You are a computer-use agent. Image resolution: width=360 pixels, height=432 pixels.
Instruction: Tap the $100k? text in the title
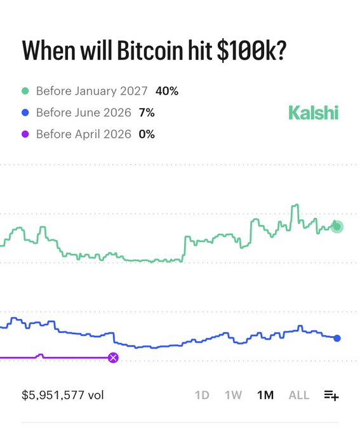[x=250, y=51]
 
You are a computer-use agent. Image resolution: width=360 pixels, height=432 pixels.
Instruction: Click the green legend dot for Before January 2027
[x=26, y=91]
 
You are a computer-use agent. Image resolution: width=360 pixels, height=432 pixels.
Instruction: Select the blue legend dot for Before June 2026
[x=26, y=113]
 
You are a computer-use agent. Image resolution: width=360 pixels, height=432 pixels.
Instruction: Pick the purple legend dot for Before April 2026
[x=26, y=135]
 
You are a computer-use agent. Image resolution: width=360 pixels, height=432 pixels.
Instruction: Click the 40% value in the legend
[x=167, y=91]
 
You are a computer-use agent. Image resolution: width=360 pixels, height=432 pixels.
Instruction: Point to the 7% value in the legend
[x=146, y=113]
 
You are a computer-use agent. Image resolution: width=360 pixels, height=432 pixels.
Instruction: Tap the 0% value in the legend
[x=147, y=135]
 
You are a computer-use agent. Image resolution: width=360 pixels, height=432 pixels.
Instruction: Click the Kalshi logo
[x=313, y=113]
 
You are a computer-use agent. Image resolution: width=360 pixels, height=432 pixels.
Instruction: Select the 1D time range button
[x=202, y=395]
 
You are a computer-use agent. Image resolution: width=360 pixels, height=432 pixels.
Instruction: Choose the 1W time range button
[x=233, y=395]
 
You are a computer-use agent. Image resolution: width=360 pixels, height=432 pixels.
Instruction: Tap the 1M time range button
[x=265, y=395]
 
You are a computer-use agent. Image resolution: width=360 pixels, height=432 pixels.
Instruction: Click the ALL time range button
[x=299, y=395]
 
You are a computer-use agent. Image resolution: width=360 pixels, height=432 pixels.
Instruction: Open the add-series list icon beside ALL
[x=331, y=395]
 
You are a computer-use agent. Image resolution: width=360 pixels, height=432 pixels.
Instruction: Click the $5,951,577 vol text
[x=63, y=395]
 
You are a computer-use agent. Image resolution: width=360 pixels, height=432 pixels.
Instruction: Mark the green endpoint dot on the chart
[x=337, y=226]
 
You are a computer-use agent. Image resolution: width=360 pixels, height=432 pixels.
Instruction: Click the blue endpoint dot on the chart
[x=337, y=338]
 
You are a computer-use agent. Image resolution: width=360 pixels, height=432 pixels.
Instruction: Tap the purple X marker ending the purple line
[x=113, y=358]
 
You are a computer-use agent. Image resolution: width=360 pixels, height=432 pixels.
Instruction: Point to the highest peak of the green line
[x=295, y=206]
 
